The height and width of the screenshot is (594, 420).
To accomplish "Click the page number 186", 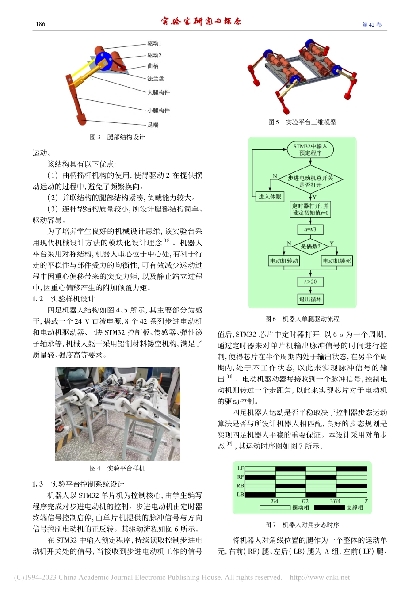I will pyautogui.click(x=40, y=24).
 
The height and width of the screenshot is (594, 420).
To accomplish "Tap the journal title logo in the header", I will pyautogui.click(x=201, y=21).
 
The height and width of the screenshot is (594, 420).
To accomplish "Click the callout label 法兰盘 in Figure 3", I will pyautogui.click(x=156, y=79).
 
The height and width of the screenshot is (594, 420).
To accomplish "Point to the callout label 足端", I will pyautogui.click(x=153, y=125).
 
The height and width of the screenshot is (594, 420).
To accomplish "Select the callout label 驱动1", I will pyautogui.click(x=154, y=43).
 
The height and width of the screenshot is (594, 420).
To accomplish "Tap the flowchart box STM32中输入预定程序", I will pyautogui.click(x=310, y=149).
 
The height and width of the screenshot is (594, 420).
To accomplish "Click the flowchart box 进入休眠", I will pyautogui.click(x=270, y=197).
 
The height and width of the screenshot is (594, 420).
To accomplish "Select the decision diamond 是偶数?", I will pyautogui.click(x=310, y=246).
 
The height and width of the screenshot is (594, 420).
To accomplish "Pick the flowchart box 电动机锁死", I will pyautogui.click(x=337, y=261).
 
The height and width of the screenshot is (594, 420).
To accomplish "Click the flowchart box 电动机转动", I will pyautogui.click(x=284, y=261).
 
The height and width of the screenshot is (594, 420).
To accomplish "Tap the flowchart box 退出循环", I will pyautogui.click(x=310, y=299).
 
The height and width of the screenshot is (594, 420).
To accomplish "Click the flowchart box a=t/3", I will pyautogui.click(x=310, y=229).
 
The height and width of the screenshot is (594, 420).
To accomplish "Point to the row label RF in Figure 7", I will pyautogui.click(x=241, y=477).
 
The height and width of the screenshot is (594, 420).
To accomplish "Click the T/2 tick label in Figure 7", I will pyautogui.click(x=305, y=501).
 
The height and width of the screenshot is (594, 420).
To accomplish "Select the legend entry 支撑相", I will pyautogui.click(x=355, y=508).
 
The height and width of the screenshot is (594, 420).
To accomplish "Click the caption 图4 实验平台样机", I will pyautogui.click(x=117, y=468).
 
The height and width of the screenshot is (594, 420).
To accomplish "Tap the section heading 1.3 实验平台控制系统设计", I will pyautogui.click(x=78, y=484).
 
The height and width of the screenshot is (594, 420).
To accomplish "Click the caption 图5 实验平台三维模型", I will pyautogui.click(x=302, y=122).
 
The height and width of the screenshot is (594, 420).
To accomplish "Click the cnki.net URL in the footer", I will pyautogui.click(x=320, y=577).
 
